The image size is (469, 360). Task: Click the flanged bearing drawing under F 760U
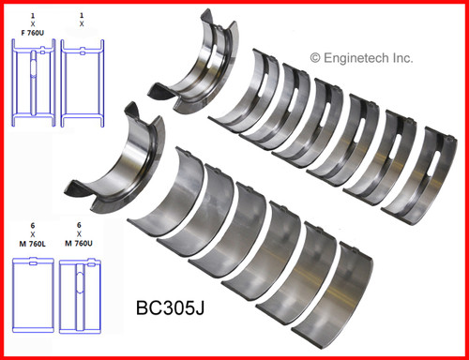point(34,87)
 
